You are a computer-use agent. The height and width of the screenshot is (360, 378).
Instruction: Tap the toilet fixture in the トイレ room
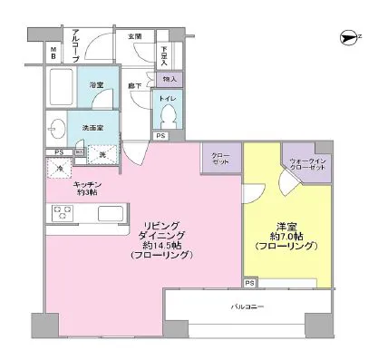(x=169, y=114)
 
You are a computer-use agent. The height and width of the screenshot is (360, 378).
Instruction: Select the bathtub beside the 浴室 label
(x=63, y=91)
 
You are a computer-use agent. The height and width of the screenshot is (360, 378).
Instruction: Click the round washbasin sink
(x=56, y=127)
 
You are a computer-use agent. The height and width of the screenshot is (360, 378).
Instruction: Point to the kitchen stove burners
(x=62, y=214)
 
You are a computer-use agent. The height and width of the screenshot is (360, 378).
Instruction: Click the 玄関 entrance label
(x=134, y=37)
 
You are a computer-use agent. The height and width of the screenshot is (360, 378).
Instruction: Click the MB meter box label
(x=53, y=53)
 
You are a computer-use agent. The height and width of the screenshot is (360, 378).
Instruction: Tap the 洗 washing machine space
(x=102, y=155)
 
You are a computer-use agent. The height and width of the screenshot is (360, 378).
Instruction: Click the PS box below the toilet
(x=160, y=136)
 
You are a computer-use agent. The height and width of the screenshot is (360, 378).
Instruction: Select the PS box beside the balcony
(x=249, y=283)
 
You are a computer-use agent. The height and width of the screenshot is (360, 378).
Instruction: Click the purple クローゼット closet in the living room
(x=219, y=158)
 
